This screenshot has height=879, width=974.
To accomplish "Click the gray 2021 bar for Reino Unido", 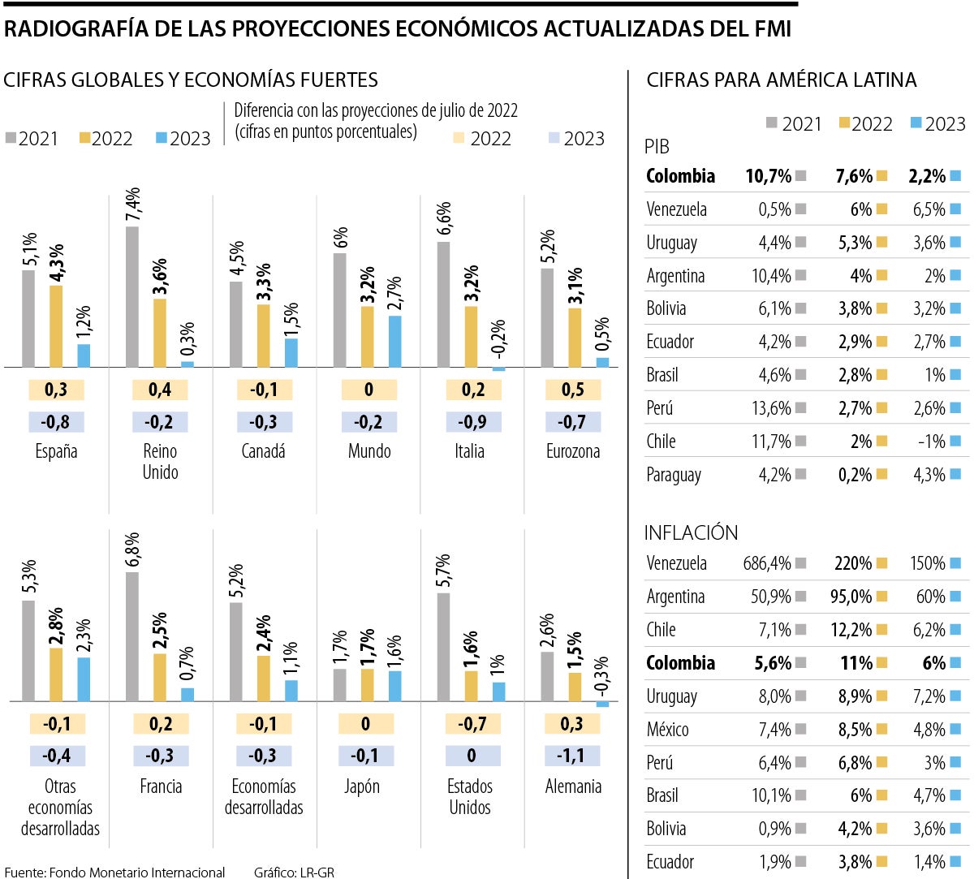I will pos(132,296).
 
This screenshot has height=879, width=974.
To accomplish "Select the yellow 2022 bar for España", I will pos(56,326).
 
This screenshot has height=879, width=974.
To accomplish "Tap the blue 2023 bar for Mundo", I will pos(394,341).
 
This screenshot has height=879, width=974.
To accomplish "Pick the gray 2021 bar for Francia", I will pos(132,636).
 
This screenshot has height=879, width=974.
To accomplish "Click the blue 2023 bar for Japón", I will pos(394,686).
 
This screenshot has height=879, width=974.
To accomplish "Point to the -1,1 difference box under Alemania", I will pos(571,756).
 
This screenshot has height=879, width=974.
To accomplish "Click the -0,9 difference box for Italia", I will pos(473,422).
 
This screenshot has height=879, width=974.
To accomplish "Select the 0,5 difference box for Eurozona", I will pos(572,390).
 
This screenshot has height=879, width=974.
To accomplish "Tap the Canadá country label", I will pos(264,451).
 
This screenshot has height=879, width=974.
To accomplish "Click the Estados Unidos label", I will pos(469,796).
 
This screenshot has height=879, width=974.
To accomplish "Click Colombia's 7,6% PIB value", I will pos(854,176).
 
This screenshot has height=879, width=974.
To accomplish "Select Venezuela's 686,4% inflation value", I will pos(767,563).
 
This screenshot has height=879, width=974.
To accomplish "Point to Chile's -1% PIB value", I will pos(931,442).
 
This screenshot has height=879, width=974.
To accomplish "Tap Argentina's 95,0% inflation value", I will pos(851,597).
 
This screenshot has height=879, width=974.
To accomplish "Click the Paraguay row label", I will pos(674,475).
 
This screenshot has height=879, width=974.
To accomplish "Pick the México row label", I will pos(667,730).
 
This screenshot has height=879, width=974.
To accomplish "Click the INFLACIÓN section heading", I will pos(691,532).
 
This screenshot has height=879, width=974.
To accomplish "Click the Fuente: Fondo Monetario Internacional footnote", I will pos(114,873).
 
